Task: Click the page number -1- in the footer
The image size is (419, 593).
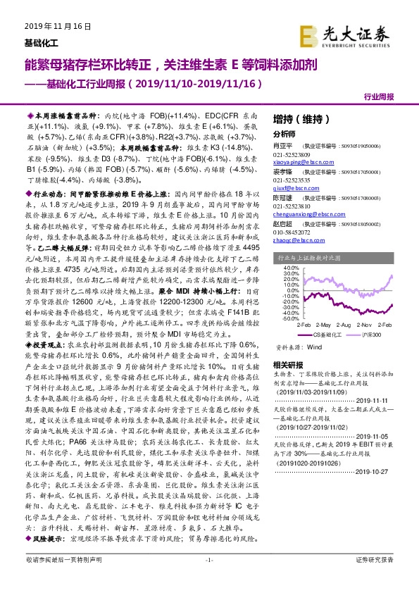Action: coord(208,578)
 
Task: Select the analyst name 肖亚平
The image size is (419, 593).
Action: coord(282,146)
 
